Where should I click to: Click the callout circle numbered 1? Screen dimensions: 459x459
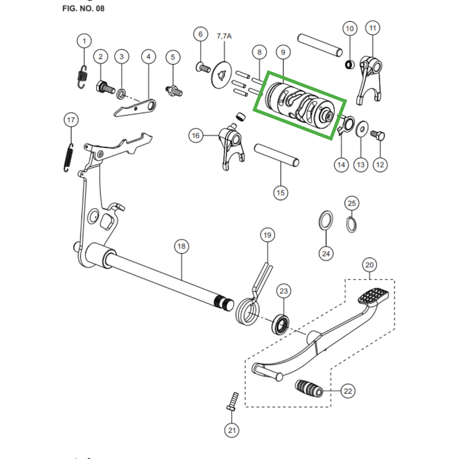(84, 41)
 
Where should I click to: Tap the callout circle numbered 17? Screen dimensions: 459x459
(71, 120)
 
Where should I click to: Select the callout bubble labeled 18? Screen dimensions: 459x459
(181, 246)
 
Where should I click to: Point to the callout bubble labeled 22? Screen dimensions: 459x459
(348, 391)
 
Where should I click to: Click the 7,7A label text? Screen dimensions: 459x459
(224, 36)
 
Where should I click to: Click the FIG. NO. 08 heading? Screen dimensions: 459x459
(83, 8)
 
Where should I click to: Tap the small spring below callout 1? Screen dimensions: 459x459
(83, 77)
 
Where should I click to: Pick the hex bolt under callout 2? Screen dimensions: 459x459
(105, 87)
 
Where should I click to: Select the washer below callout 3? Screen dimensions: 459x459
(121, 94)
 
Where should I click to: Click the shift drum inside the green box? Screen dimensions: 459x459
(299, 105)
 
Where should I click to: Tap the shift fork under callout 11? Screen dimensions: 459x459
(369, 80)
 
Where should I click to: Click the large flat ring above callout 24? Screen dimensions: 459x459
(325, 220)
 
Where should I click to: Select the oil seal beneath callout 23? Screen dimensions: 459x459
(281, 324)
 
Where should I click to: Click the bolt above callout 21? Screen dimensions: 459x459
(232, 401)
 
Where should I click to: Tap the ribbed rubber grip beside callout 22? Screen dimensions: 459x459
(309, 388)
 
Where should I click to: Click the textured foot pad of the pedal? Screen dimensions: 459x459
(374, 296)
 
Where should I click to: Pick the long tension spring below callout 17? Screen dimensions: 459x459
(68, 158)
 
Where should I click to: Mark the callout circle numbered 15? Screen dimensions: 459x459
(281, 193)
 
